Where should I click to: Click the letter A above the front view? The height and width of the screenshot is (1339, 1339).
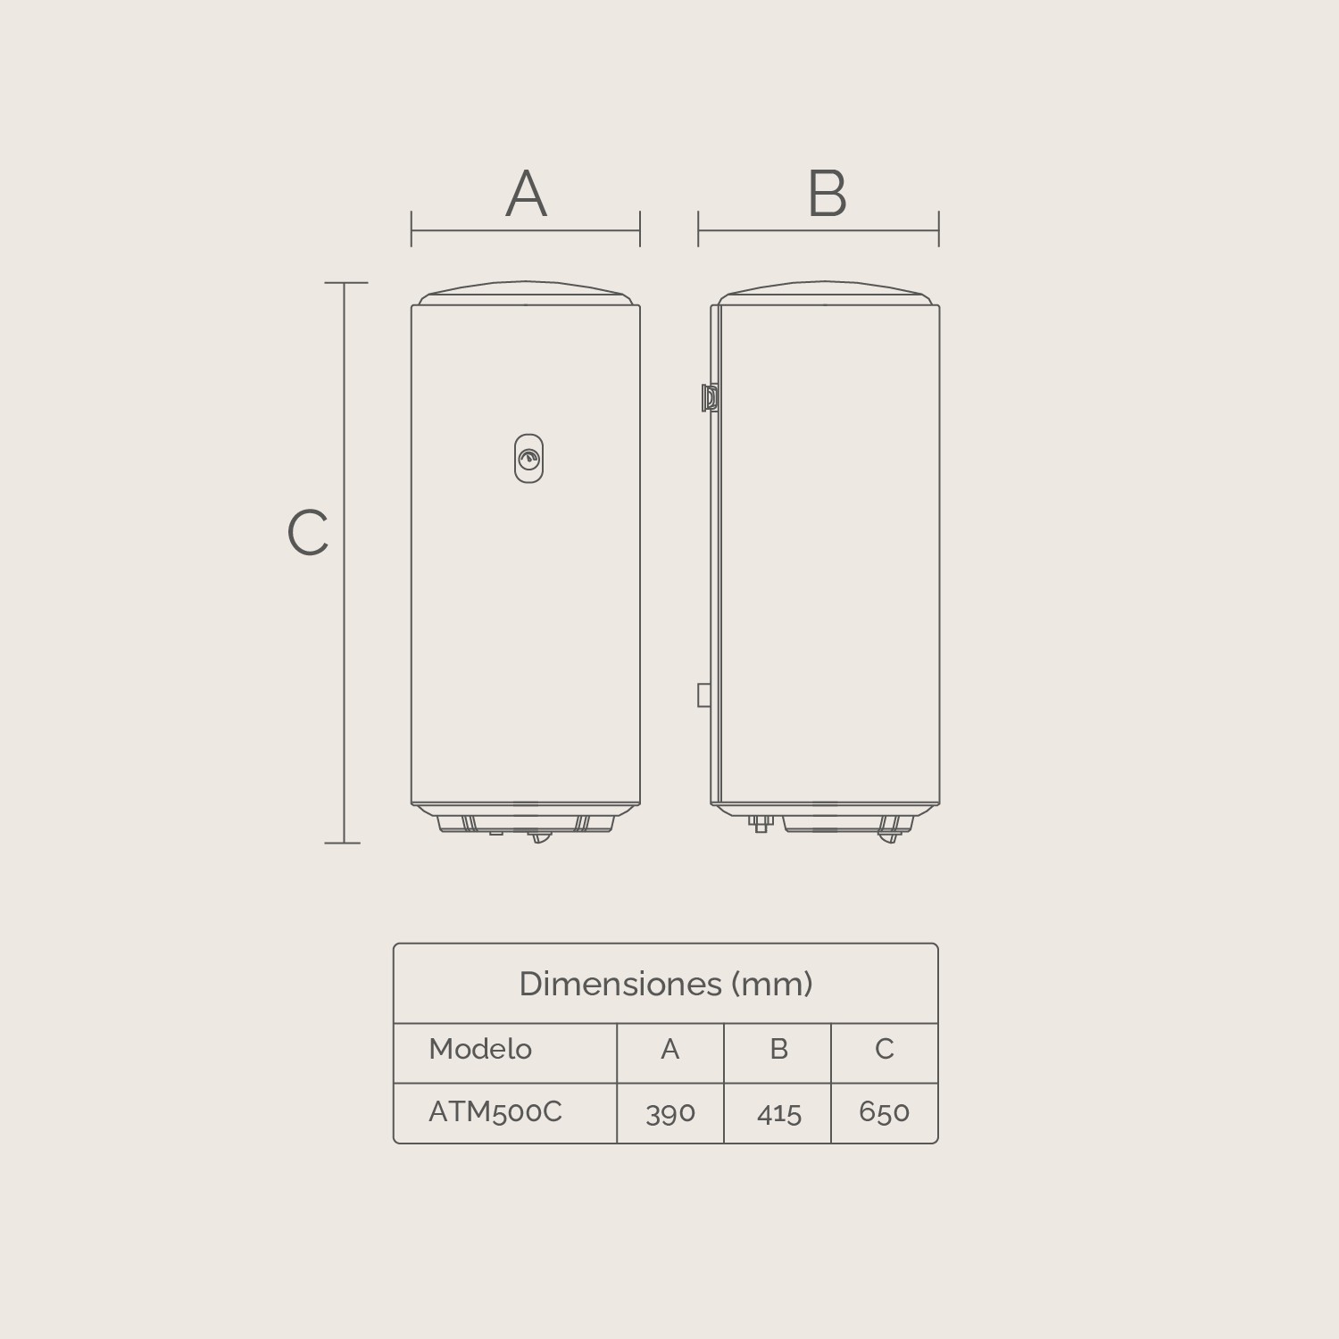coord(526,194)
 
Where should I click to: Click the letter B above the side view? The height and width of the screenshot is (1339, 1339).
coord(827,194)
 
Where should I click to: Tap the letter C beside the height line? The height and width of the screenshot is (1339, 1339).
coord(308,533)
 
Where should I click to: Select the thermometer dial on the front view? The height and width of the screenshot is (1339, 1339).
coord(528,459)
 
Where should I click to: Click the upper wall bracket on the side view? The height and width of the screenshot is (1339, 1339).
coord(710,397)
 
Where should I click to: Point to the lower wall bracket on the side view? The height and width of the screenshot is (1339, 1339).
coord(704,694)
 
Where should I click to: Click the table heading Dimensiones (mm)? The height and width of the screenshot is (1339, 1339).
coord(666,984)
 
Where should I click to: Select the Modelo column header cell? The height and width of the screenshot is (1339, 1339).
coord(480,1049)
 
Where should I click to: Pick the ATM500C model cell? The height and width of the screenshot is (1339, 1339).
coord(495,1111)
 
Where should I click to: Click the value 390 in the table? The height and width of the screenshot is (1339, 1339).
coord(670,1112)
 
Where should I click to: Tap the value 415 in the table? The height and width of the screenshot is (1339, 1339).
coord(778,1112)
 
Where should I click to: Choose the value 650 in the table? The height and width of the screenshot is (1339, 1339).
coord(884,1111)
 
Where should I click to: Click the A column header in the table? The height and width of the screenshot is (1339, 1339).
coord(670,1049)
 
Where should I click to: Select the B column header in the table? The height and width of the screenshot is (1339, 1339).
coord(778,1049)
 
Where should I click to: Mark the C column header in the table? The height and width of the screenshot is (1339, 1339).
coord(884,1049)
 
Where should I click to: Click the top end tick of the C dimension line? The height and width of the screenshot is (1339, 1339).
coord(345,283)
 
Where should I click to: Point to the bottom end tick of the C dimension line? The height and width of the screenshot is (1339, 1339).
coord(343,842)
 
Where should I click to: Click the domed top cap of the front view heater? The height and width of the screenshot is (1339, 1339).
coord(526,293)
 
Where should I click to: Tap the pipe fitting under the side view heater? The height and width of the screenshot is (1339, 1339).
coord(760,824)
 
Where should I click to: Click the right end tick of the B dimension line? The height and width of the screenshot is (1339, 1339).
coord(938,229)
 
